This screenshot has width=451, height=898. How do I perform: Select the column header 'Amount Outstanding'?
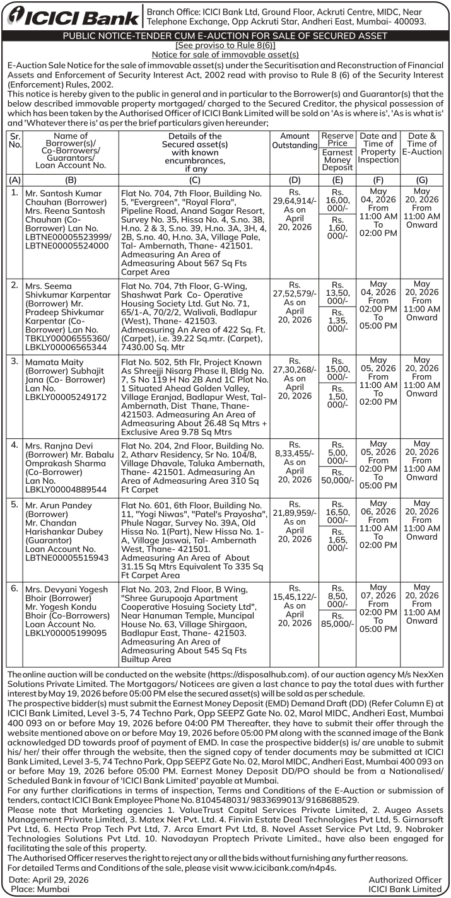(295, 141)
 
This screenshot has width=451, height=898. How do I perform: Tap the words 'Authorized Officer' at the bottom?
(405, 879)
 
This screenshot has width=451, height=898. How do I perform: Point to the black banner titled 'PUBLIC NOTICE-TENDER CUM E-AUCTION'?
(225, 36)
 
